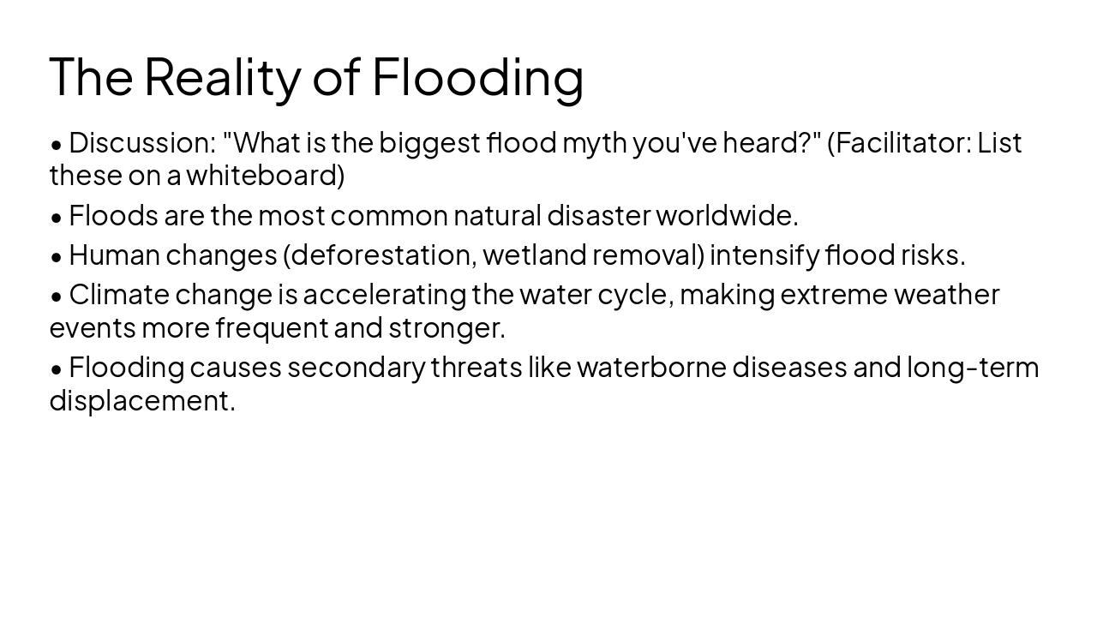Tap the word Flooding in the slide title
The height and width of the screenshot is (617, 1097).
(x=477, y=76)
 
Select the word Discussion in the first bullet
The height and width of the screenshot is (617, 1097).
(x=141, y=142)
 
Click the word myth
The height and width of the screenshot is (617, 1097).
(x=594, y=142)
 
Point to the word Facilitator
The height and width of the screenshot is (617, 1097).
(x=903, y=142)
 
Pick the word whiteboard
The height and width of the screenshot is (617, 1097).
(x=265, y=175)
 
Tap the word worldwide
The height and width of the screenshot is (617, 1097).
(x=727, y=215)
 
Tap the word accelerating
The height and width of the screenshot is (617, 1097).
(x=384, y=294)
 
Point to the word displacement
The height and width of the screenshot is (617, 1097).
(x=142, y=400)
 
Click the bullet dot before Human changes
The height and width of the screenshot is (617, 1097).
(x=57, y=256)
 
